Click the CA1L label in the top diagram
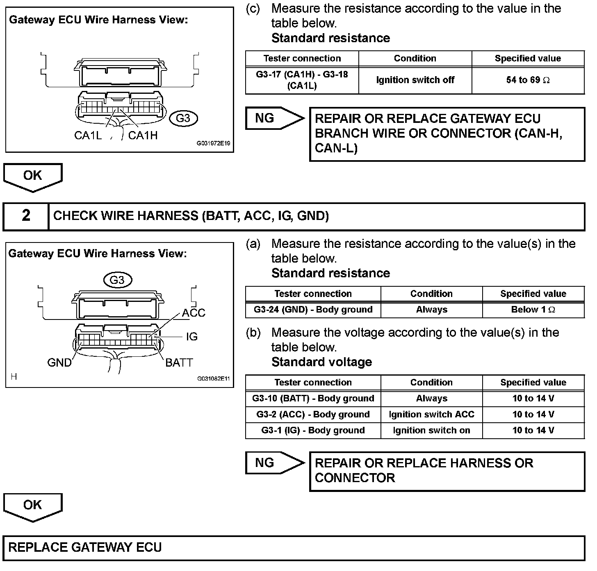click(88, 136)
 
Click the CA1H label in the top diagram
click(143, 136)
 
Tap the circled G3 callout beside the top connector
click(183, 118)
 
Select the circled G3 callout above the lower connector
click(117, 280)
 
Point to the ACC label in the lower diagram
click(194, 313)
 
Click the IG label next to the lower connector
click(191, 337)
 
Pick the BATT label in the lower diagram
click(179, 363)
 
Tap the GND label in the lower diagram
click(59, 363)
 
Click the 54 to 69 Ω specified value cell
click(528, 80)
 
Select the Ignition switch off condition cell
click(415, 80)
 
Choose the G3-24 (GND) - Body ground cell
click(313, 310)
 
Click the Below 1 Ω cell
click(533, 310)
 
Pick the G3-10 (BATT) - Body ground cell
click(313, 399)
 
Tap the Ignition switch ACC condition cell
click(431, 415)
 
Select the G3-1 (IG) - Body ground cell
click(313, 431)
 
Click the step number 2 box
click(26, 216)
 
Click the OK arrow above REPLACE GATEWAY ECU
click(33, 506)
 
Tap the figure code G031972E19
click(213, 144)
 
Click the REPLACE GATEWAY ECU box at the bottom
click(294, 548)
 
